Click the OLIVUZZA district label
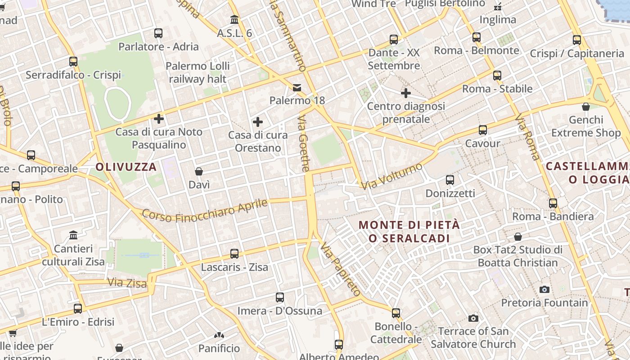point(126,167)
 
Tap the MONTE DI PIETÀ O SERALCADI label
point(409,231)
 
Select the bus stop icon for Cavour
point(483,130)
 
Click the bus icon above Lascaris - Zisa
point(234,253)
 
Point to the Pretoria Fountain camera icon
point(544,289)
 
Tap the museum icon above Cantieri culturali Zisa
point(73,235)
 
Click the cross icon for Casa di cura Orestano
point(258,122)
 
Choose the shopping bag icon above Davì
point(199,171)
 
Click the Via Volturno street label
point(392,176)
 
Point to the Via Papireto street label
point(341,269)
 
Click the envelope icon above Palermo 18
point(297,87)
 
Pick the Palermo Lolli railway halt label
point(198,72)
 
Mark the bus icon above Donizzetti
point(450,180)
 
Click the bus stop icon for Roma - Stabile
point(497,75)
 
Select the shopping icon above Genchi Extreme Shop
point(586,107)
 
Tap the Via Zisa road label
point(127,283)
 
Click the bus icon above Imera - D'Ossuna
point(280,297)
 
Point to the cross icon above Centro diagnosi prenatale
point(406,93)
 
